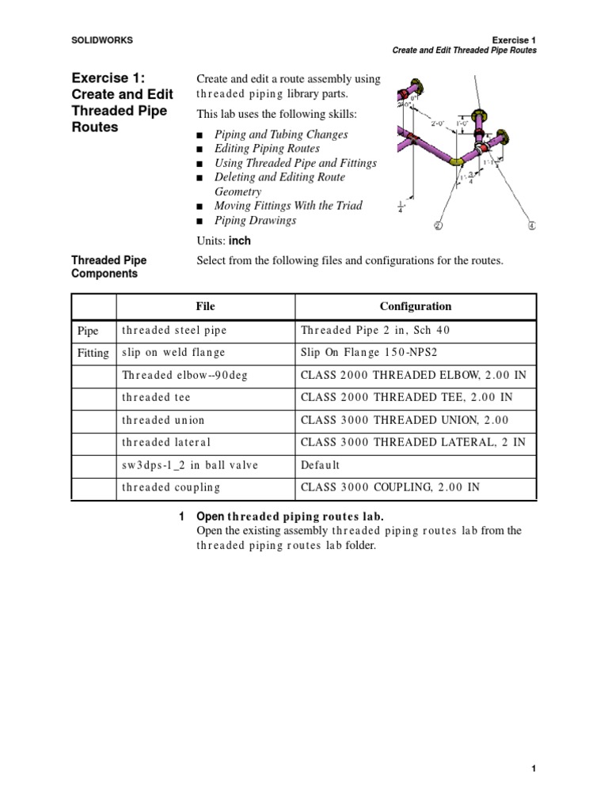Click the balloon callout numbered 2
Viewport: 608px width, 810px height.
tap(438, 225)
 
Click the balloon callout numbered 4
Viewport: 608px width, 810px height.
tap(531, 225)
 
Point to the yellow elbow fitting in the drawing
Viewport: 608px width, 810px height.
tap(457, 161)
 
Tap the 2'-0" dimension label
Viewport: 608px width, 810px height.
tap(437, 123)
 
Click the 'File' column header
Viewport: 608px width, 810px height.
tap(205, 306)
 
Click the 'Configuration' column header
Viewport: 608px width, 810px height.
tap(415, 306)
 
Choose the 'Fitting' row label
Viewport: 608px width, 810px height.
tap(93, 353)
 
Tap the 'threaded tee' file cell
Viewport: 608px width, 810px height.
tap(156, 397)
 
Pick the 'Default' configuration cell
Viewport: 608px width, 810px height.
tap(320, 465)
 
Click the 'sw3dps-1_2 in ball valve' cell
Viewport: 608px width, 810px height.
tap(190, 465)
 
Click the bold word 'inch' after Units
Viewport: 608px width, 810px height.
tap(240, 240)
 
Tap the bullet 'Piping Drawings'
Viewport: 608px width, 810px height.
tap(255, 220)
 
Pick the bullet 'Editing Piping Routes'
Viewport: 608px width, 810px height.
tap(267, 149)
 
